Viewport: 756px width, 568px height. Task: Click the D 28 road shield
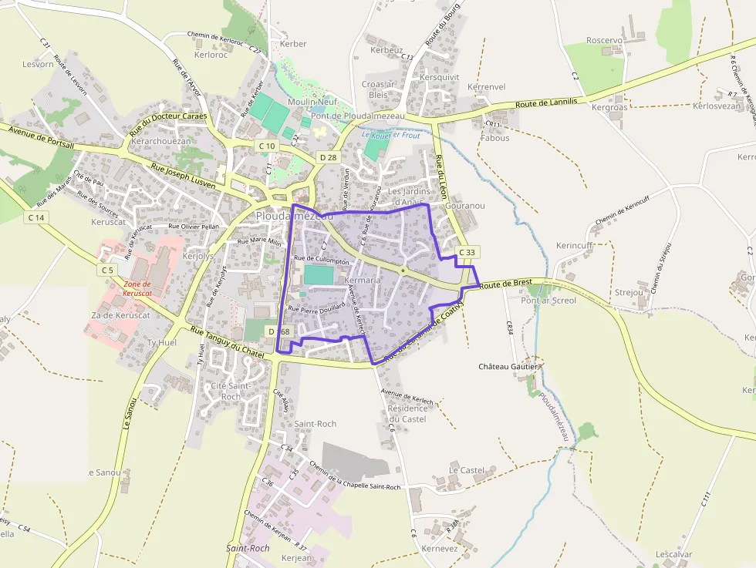(328, 157)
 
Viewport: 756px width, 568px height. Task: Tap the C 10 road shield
(267, 146)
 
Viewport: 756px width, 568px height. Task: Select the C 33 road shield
(467, 252)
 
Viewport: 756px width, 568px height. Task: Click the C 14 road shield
(36, 217)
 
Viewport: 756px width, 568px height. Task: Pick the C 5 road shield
(106, 270)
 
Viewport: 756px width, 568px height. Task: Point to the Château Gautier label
(508, 366)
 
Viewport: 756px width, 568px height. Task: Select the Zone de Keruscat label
(137, 288)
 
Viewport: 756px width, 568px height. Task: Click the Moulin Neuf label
(312, 102)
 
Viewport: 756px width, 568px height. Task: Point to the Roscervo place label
(604, 40)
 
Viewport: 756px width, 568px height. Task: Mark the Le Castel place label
(466, 469)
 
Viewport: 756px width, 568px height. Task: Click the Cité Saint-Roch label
(230, 391)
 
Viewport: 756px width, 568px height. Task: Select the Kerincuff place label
(574, 245)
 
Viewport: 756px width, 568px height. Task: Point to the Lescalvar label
(673, 554)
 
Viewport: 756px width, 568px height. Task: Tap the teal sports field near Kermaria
(320, 275)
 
